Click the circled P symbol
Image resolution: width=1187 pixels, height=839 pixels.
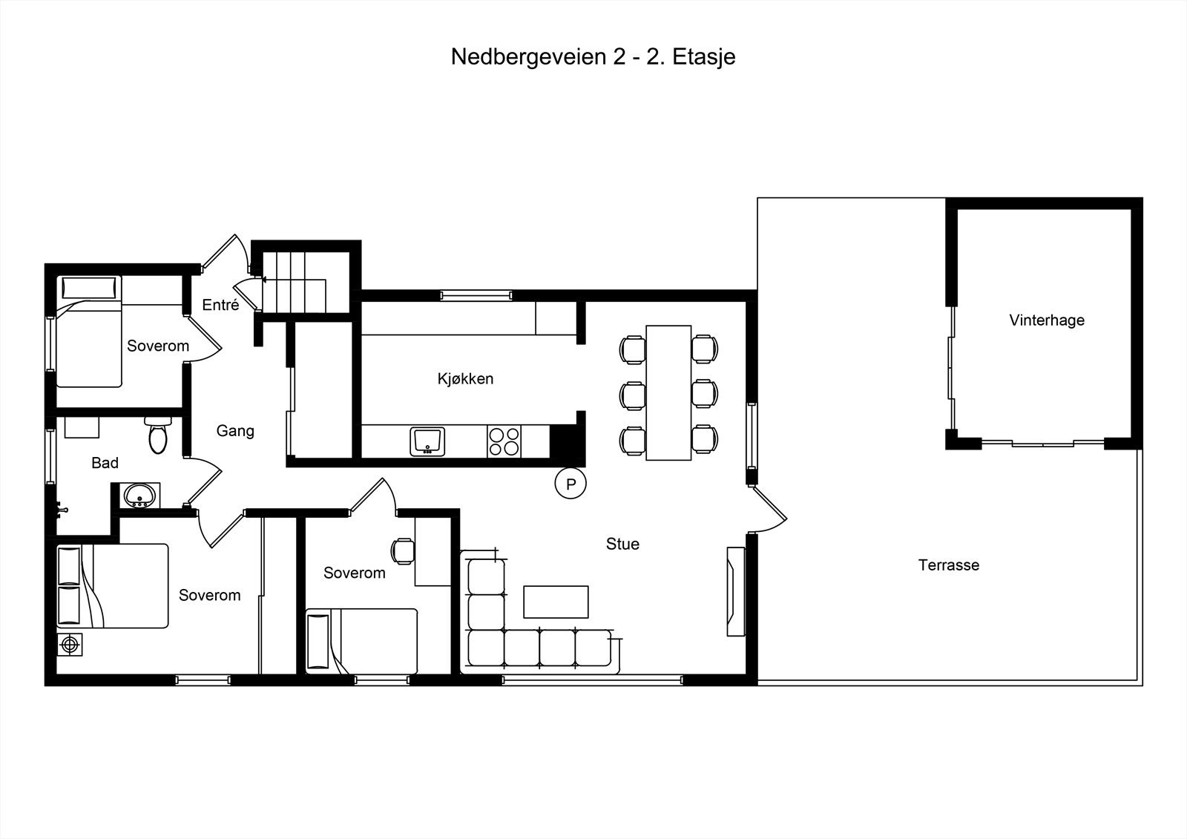[x=571, y=484]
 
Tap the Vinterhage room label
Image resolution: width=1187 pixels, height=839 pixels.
[x=1046, y=320]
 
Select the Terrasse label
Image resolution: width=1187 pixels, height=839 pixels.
[x=948, y=565]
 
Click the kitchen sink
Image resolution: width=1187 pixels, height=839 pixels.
[x=427, y=441]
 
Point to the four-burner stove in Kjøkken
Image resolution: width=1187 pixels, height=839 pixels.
[x=504, y=441]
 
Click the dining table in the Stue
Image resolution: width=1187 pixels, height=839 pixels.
[x=668, y=392]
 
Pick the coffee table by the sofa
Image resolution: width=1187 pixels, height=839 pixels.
[x=556, y=602]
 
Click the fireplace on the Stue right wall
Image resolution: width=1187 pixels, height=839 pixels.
[x=735, y=591]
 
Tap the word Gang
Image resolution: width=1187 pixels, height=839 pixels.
[x=235, y=431]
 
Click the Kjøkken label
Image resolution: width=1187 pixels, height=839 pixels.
[x=465, y=379]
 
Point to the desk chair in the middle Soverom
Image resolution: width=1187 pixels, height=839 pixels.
[x=403, y=550]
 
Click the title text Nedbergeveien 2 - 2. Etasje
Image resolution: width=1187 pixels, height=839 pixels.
[x=593, y=57]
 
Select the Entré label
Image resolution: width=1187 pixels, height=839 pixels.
[x=220, y=305]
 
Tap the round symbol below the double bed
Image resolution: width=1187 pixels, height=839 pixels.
[x=70, y=645]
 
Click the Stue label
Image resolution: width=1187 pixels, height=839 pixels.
[x=622, y=544]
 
